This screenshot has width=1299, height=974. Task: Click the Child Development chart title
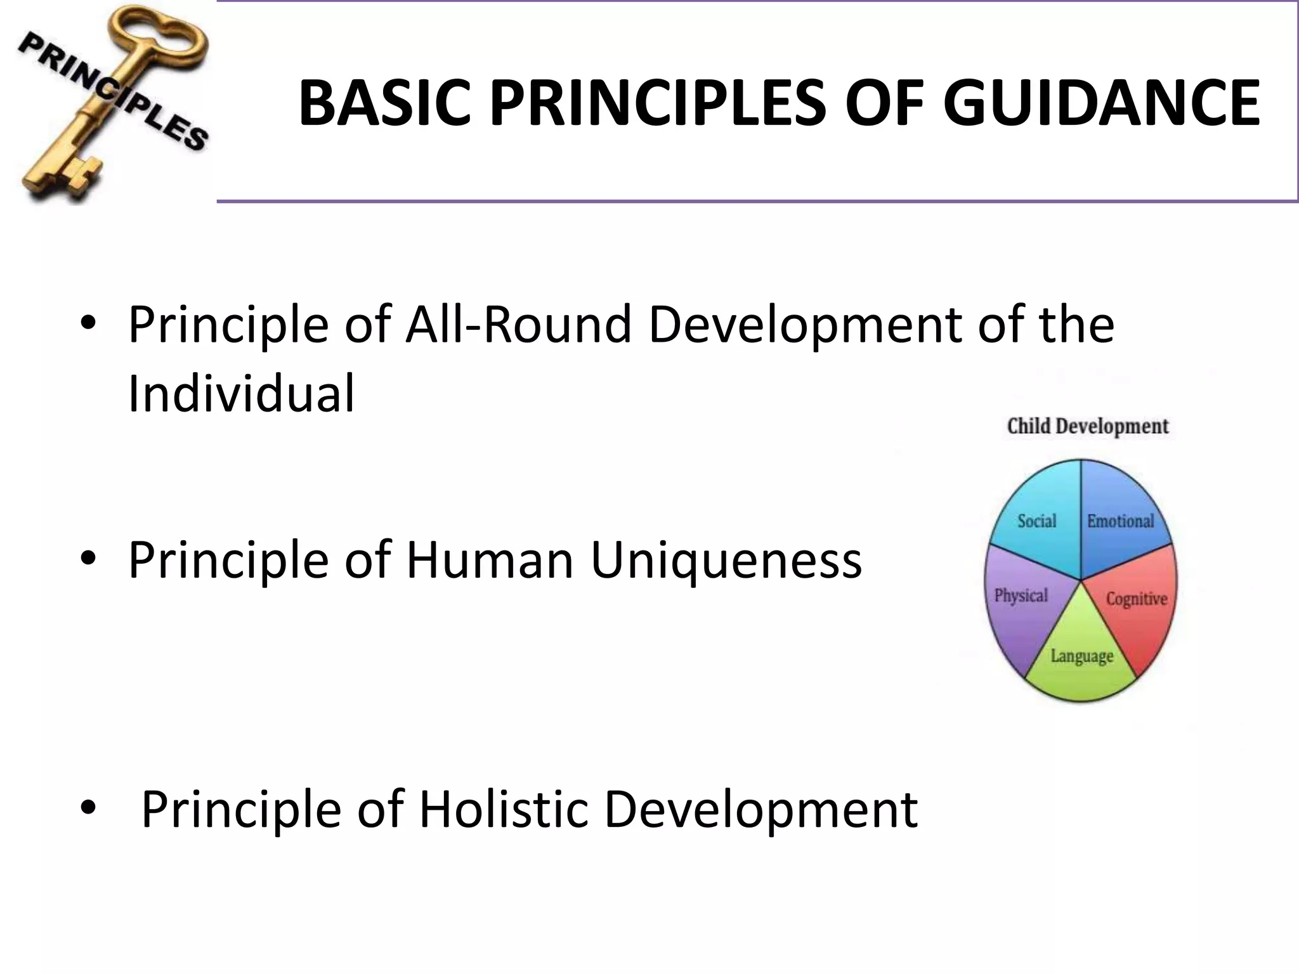pos(1087,426)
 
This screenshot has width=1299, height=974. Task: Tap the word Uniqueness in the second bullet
pos(726,561)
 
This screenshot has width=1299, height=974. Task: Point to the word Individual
pos(241,394)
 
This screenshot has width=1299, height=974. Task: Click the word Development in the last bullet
pos(760,810)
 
